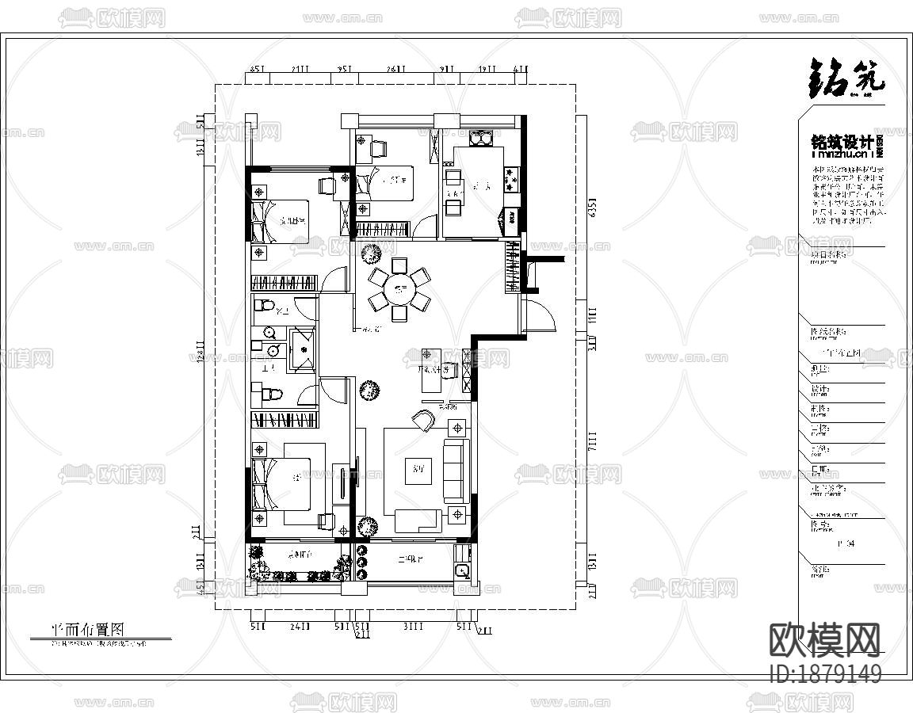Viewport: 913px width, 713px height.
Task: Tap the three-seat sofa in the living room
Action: pos(455,471)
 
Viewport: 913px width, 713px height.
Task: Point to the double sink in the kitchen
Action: pos(481,139)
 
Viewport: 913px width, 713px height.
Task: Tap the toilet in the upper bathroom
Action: pos(265,306)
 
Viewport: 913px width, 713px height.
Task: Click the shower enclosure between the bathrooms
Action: pos(302,349)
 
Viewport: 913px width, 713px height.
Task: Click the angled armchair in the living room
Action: pos(423,420)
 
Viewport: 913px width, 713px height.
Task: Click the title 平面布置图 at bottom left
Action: pos(88,629)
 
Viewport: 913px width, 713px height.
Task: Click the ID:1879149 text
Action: pos(825,674)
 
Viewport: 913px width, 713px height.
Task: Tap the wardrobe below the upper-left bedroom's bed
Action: pos(284,282)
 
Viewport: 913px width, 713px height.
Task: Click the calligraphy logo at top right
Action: pos(846,79)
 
